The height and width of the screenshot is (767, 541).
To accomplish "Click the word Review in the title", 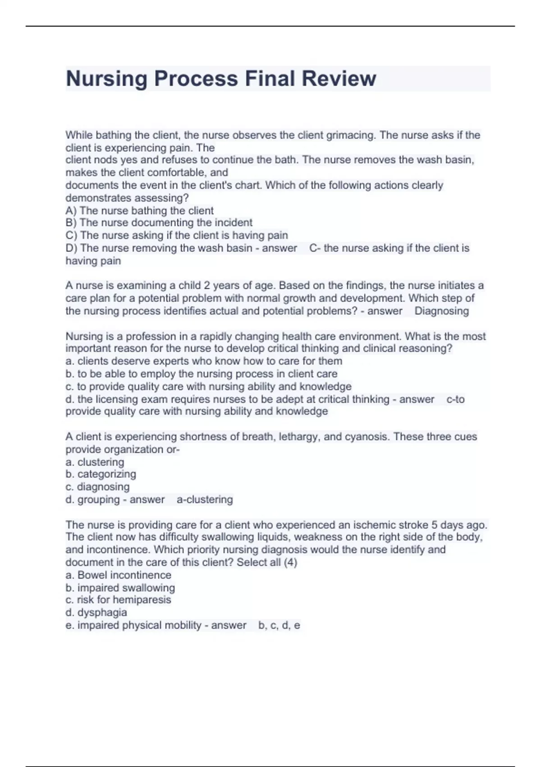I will coord(339,79).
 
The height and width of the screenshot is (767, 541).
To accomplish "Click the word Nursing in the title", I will coord(107,79).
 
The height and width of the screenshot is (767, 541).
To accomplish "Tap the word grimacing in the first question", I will coord(350,135).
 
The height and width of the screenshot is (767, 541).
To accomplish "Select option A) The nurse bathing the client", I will coord(140,211).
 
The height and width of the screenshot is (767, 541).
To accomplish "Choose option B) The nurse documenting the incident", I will coord(159,223).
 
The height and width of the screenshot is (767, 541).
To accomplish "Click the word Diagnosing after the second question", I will coord(441,311).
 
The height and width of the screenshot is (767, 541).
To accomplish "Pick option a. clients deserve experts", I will coord(204,361).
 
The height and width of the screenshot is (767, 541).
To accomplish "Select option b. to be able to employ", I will coord(201,374).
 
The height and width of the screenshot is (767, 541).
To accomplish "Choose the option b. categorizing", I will coord(101,474).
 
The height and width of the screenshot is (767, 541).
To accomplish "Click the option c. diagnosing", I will coord(97,487).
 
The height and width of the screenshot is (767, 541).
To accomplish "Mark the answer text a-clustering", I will coord(205,499).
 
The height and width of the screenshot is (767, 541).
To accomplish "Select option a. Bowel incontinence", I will coord(118,575).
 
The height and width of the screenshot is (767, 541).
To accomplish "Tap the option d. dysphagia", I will coord(96,613).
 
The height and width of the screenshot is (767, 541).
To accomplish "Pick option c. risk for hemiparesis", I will coord(118,600).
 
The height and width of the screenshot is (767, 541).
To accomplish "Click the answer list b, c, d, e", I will coord(279,626).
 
